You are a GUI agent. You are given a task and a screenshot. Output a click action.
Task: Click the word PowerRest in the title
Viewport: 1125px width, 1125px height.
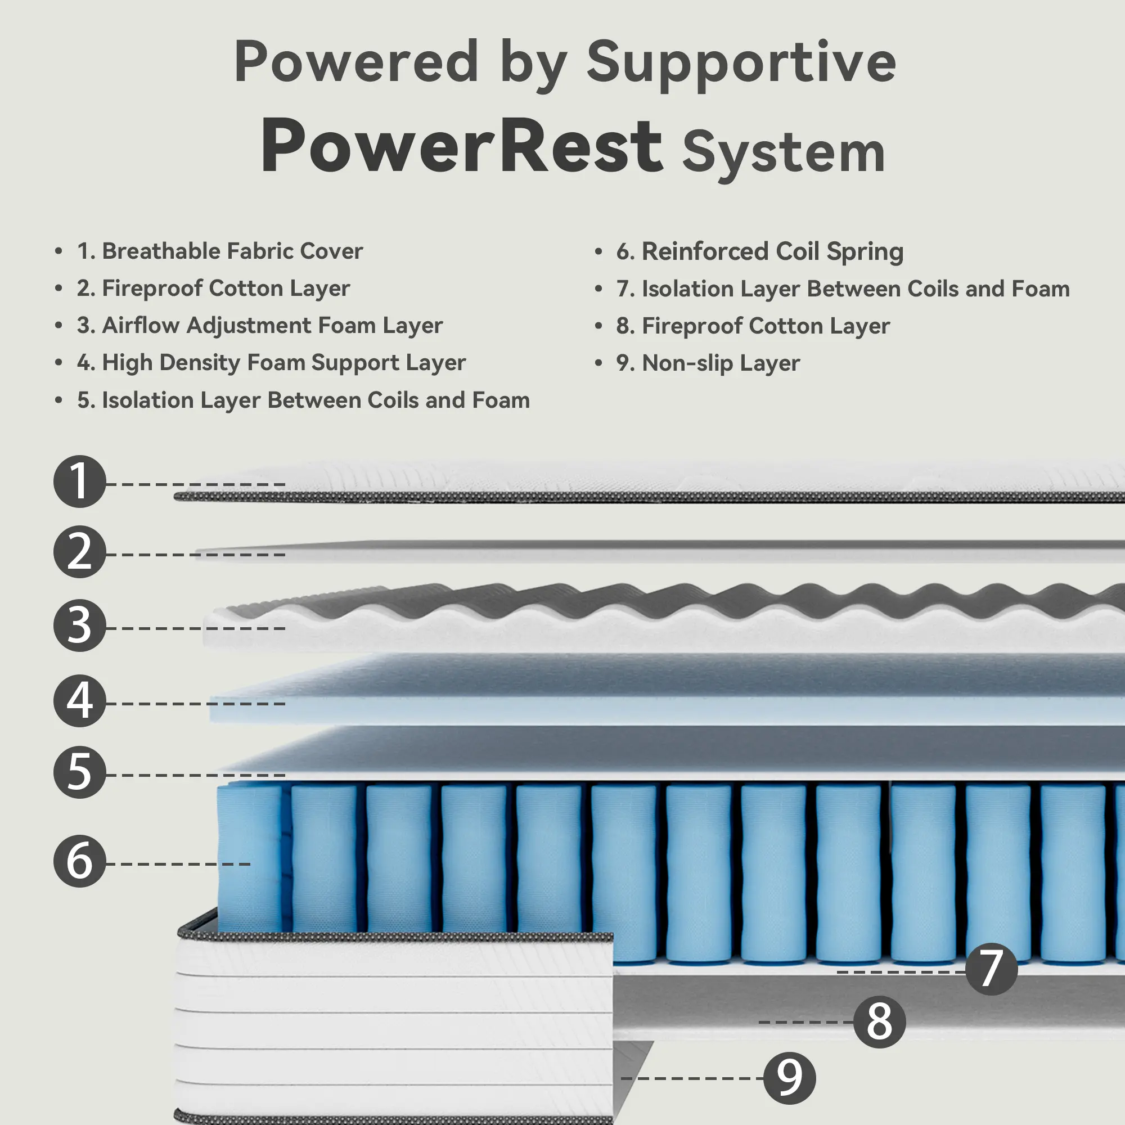click(x=461, y=146)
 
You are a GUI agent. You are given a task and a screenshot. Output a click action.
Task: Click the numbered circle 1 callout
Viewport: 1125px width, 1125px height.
click(x=80, y=481)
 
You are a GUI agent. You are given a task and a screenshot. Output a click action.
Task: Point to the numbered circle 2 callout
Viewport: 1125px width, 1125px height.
click(x=80, y=552)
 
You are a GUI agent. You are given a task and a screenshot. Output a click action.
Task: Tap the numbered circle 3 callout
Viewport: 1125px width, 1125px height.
click(x=80, y=625)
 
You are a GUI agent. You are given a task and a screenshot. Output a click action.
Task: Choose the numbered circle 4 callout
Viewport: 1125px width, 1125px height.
click(x=80, y=700)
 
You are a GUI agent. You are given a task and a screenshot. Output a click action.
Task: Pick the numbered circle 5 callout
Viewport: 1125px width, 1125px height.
click(x=80, y=772)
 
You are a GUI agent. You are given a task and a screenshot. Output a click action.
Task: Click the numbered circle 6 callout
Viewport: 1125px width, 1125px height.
click(x=80, y=861)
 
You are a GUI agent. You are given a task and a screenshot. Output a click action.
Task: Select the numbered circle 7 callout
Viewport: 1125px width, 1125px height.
click(x=991, y=969)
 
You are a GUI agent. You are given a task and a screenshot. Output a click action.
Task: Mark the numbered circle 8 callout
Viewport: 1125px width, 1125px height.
click(x=879, y=1022)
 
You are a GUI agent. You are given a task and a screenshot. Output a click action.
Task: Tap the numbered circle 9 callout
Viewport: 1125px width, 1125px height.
click(x=789, y=1078)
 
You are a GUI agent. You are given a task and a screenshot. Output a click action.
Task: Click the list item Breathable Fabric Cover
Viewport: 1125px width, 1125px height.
click(x=220, y=251)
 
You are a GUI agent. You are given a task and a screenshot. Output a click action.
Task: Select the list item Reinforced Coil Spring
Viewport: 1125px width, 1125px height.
click(x=760, y=251)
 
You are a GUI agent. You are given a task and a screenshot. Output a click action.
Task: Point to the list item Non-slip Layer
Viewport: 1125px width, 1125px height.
click(x=708, y=363)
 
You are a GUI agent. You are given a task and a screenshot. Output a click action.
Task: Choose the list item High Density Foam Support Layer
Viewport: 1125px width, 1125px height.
click(x=271, y=362)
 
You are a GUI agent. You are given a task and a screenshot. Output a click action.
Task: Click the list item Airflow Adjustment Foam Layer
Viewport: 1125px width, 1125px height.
click(x=260, y=325)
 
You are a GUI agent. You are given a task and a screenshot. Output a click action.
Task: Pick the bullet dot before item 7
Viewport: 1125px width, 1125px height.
click(x=598, y=289)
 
